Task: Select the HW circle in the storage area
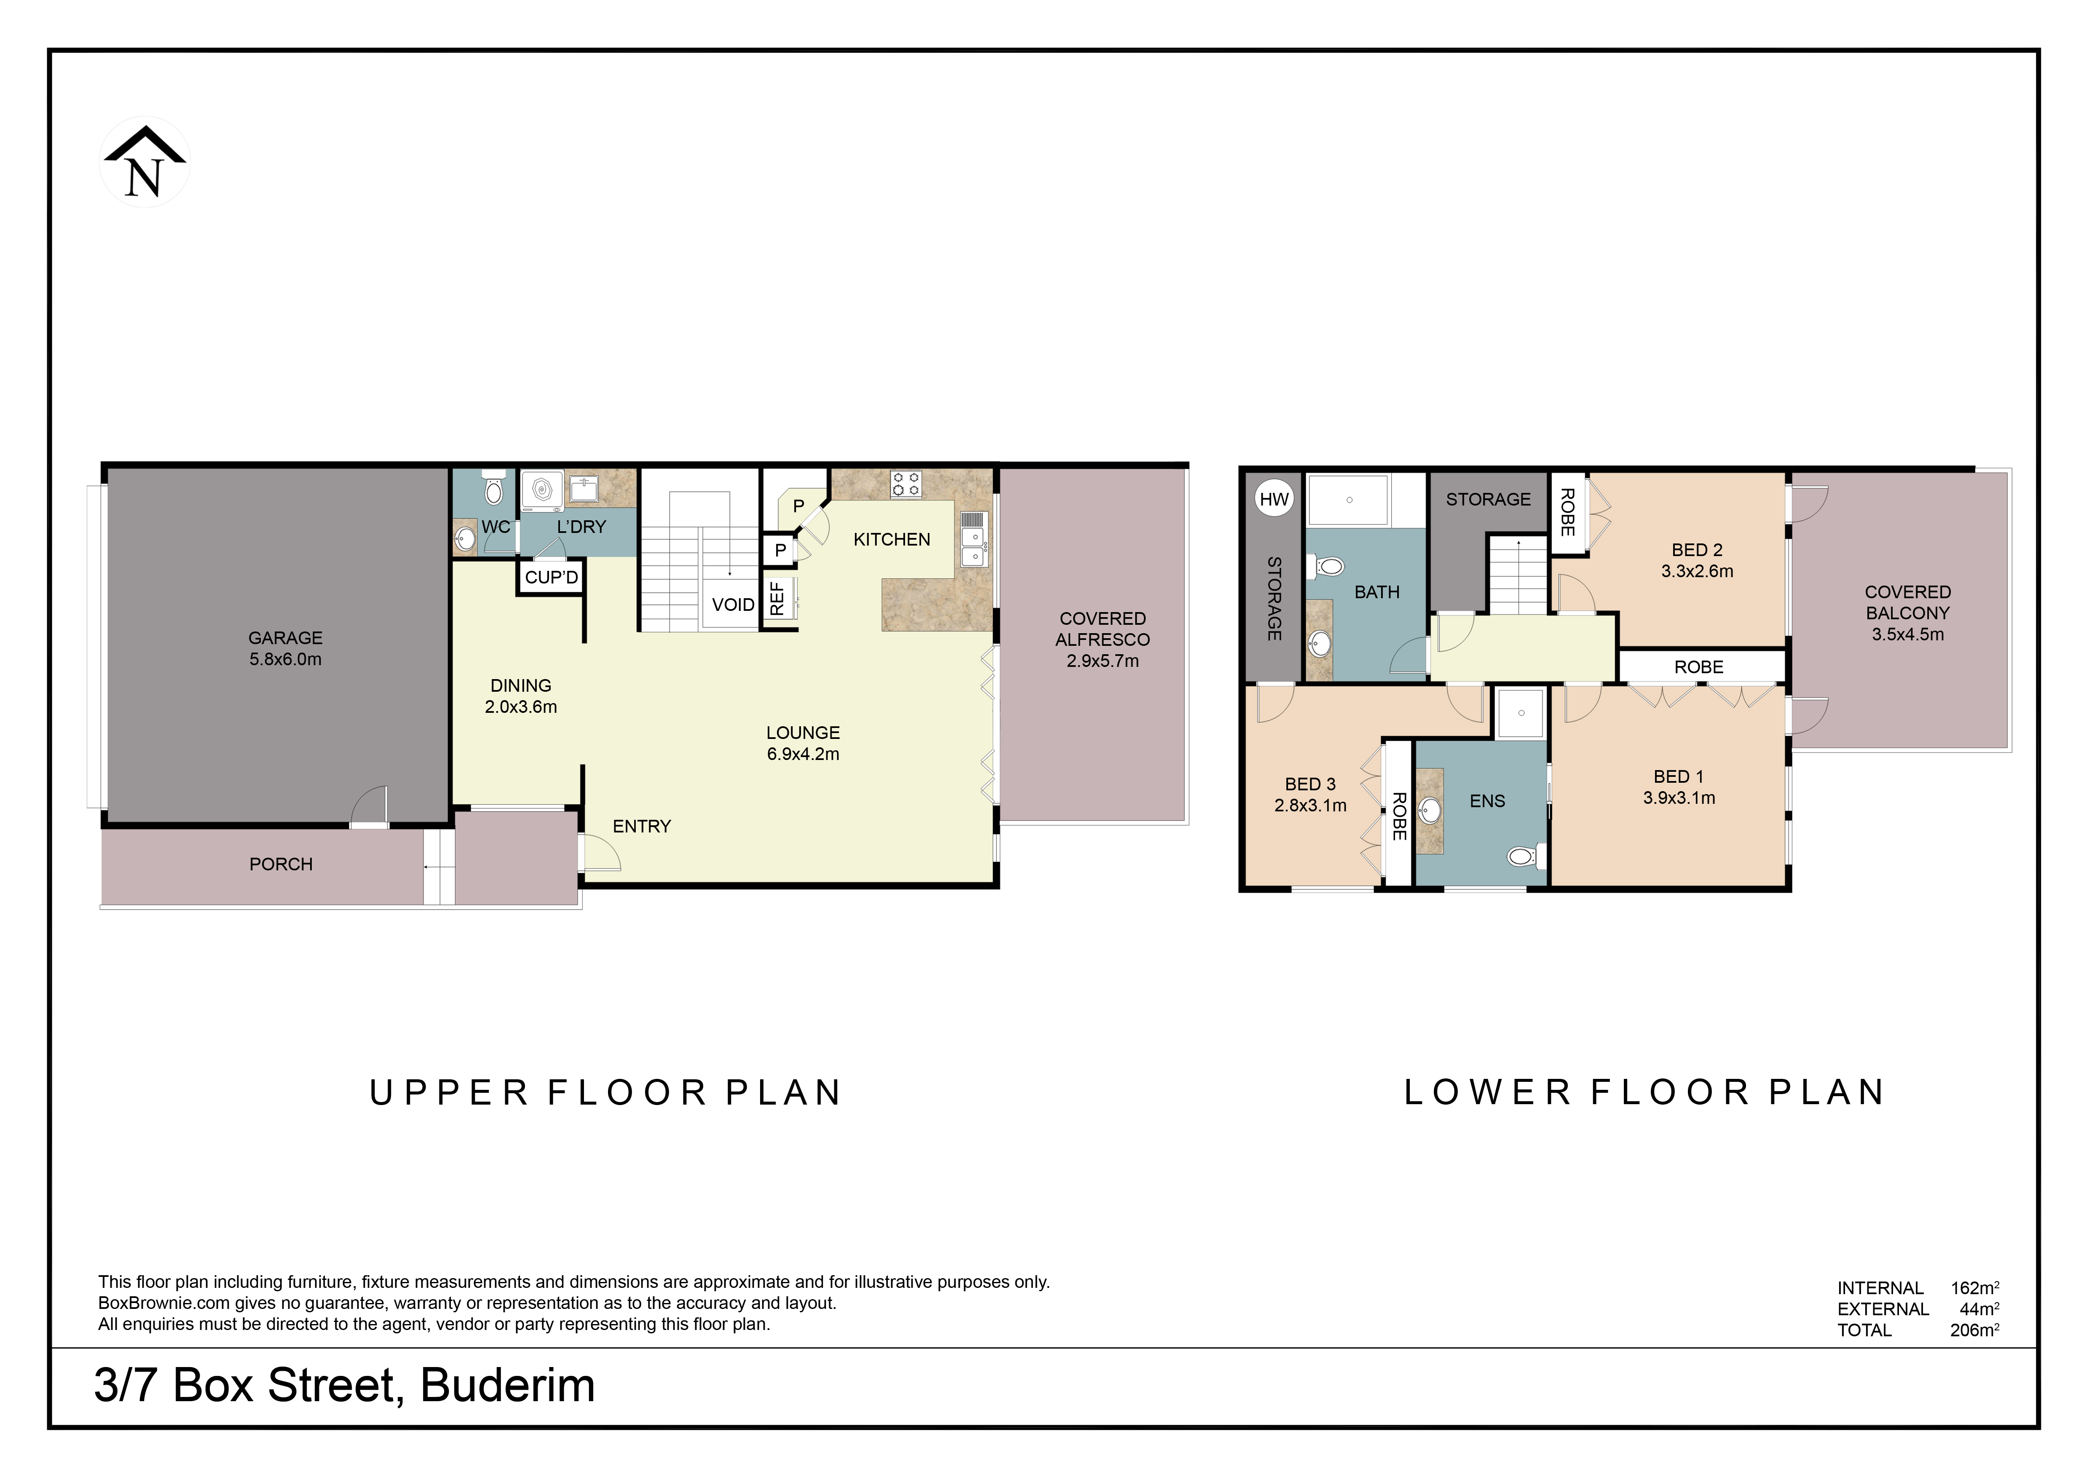(x=1274, y=499)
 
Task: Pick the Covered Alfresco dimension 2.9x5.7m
(x=1102, y=661)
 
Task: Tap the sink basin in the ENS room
(x=1429, y=808)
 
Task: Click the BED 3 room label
(x=1310, y=784)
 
